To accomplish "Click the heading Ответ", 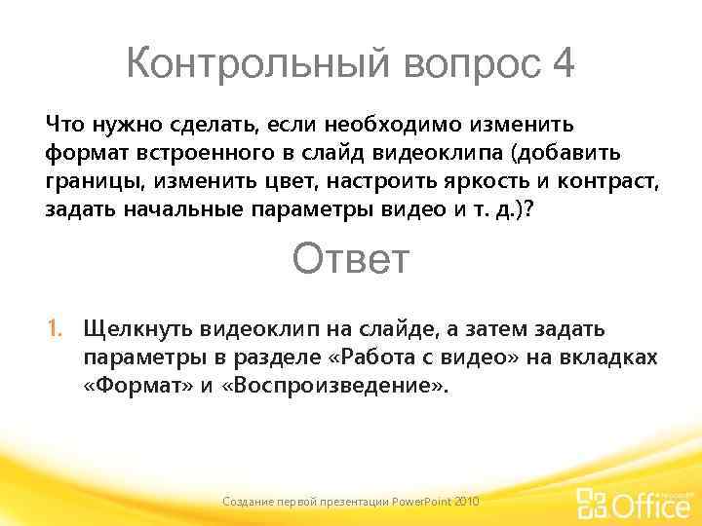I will pos(351,260).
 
